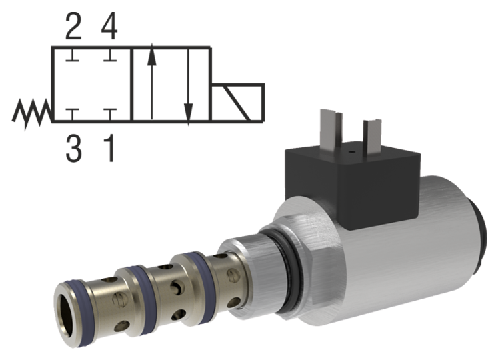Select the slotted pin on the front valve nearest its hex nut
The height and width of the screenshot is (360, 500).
click(x=231, y=273)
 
